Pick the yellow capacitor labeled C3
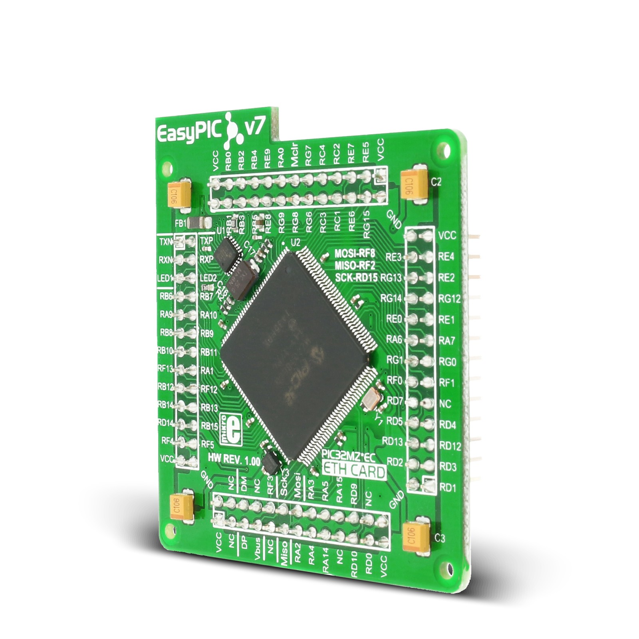click(x=417, y=538)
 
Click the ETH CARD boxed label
click(x=354, y=471)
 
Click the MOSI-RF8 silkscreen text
click(x=355, y=253)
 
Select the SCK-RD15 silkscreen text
click(x=356, y=277)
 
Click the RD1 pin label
click(x=447, y=488)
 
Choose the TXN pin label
click(x=165, y=242)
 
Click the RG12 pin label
click(x=449, y=298)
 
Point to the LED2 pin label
click(x=208, y=278)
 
